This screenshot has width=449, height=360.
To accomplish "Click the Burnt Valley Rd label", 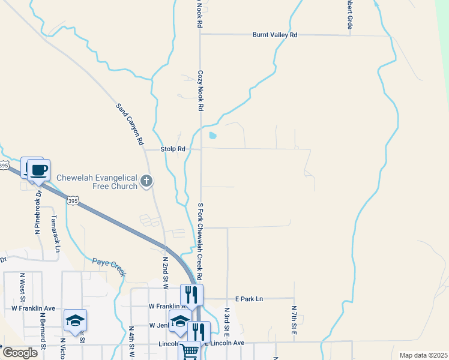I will pyautogui.click(x=274, y=35).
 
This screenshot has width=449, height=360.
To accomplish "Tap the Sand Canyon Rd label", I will pyautogui.click(x=130, y=124).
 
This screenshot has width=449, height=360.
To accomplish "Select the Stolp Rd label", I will pyautogui.click(x=173, y=149).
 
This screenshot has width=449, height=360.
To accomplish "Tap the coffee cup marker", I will pyautogui.click(x=39, y=170).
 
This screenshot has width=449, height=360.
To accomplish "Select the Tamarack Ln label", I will pyautogui.click(x=55, y=233).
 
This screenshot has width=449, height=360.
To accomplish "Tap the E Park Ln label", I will pyautogui.click(x=249, y=299).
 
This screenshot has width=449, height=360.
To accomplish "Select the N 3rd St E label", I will pyautogui.click(x=228, y=323).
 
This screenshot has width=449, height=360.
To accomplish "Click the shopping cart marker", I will pyautogui.click(x=189, y=350).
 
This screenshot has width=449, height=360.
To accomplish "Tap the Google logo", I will pyautogui.click(x=20, y=353).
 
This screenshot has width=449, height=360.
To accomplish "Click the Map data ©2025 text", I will pyautogui.click(x=423, y=355).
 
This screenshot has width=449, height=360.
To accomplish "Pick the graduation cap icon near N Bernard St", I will pyautogui.click(x=76, y=320).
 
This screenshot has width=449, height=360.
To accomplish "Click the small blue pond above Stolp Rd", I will pyautogui.click(x=212, y=136).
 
